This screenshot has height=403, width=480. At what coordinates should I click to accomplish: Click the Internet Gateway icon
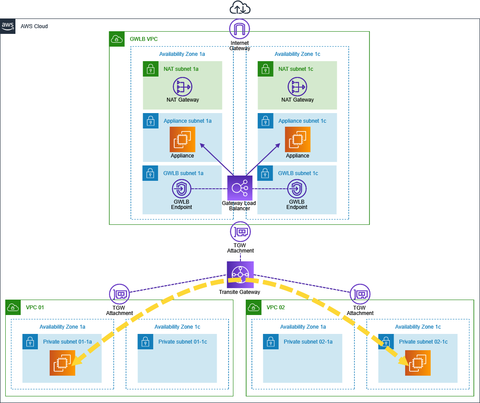(x=240, y=29)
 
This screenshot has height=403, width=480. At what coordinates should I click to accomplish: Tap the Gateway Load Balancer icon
(x=240, y=188)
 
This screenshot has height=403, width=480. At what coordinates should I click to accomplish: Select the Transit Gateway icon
(x=240, y=275)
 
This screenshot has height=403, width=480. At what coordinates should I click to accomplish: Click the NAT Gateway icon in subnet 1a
(x=182, y=87)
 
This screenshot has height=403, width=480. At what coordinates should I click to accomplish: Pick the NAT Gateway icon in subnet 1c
(x=297, y=87)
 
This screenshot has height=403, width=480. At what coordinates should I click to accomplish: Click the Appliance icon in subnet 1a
(x=182, y=139)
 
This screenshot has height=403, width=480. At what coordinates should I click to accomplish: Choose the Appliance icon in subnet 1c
(x=297, y=139)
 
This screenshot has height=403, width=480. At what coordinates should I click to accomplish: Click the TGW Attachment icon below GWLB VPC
(x=240, y=231)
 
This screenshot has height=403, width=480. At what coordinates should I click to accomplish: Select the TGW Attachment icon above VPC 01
(x=119, y=294)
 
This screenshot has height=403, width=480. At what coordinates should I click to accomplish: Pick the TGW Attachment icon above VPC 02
(x=360, y=294)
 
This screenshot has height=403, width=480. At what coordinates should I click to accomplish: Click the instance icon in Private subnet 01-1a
(x=63, y=363)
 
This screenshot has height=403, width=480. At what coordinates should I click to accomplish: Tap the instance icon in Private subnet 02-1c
(x=418, y=363)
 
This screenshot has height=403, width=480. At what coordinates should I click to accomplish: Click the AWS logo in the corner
(x=8, y=26)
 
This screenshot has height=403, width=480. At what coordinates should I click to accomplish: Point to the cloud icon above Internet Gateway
(x=240, y=7)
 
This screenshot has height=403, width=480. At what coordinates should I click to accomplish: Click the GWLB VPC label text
(x=144, y=39)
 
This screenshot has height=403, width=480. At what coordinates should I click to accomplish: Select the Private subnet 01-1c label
(x=182, y=342)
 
